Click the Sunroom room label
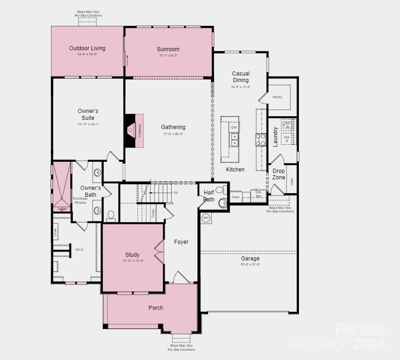(168, 49)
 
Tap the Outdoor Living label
(87, 48)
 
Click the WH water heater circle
(206, 218)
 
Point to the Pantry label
(277, 97)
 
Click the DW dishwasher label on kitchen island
(234, 128)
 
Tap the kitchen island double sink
(234, 140)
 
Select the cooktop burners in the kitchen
(261, 140)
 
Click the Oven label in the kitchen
(236, 197)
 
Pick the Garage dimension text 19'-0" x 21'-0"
(250, 265)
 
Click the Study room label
(132, 255)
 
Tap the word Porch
(155, 308)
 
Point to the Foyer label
(181, 242)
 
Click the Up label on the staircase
(175, 193)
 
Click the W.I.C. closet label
(80, 249)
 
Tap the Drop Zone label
(279, 174)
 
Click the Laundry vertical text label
(275, 136)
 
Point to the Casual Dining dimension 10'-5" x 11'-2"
(241, 87)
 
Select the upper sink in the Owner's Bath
(97, 173)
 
